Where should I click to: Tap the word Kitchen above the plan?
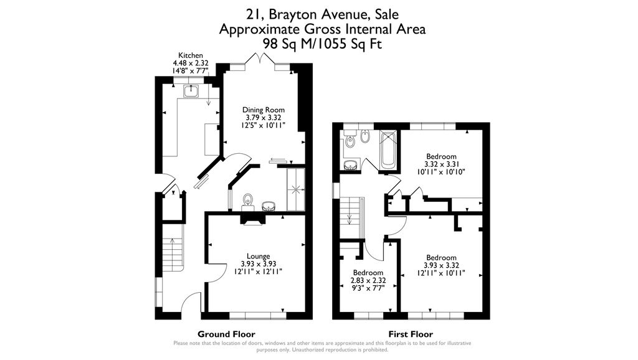(x=191, y=55)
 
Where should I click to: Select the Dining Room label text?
(x=263, y=110)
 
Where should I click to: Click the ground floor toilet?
(x=249, y=201)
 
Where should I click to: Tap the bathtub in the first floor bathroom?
(x=388, y=149)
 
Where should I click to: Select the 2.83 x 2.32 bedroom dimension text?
(x=369, y=280)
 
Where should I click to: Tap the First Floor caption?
(x=411, y=334)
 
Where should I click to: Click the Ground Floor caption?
(x=226, y=334)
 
